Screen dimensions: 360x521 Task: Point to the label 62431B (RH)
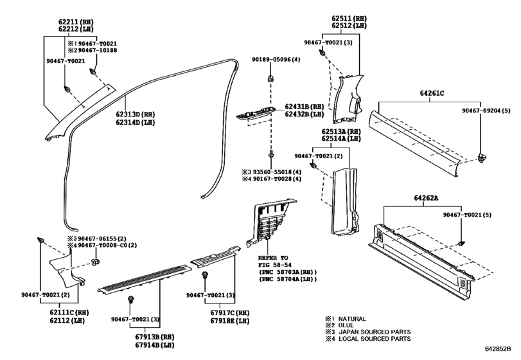tap(307, 107)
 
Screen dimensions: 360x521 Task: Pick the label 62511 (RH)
tap(348, 18)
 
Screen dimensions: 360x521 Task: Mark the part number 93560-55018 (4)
tap(277, 172)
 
